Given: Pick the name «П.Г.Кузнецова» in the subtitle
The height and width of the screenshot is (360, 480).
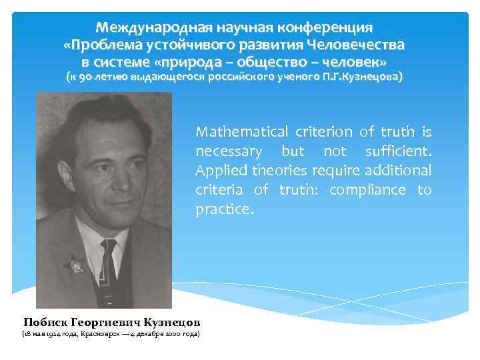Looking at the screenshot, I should (x=363, y=77).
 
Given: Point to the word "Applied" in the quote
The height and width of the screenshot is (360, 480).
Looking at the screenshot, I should (x=217, y=171).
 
